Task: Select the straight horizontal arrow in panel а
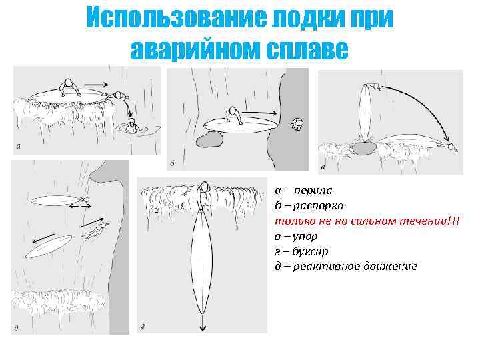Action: coord(97,84)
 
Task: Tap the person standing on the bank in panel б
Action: coord(298,124)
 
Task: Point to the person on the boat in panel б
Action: coord(234,114)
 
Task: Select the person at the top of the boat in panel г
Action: coord(204,193)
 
